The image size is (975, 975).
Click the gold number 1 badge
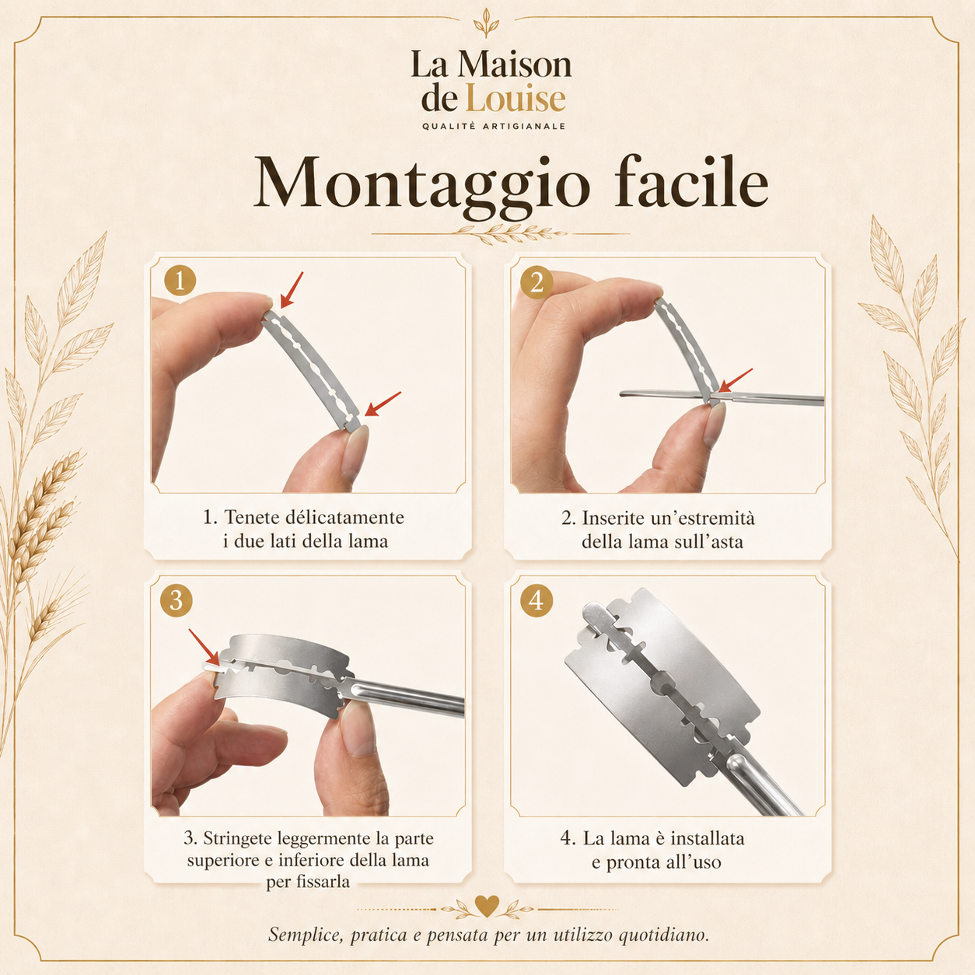click(x=180, y=281)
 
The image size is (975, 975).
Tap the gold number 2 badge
click(x=536, y=281)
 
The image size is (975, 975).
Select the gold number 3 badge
click(x=176, y=600)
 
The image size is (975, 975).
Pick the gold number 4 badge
click(x=536, y=600)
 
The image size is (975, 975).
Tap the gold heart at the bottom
click(x=487, y=905)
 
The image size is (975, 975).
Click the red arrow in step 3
click(x=204, y=647)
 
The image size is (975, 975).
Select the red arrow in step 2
click(x=736, y=380)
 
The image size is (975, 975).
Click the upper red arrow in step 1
click(x=292, y=290)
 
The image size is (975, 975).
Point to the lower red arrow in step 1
click(x=383, y=404)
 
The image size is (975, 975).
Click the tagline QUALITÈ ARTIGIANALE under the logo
click(x=494, y=127)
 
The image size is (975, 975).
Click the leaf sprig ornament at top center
click(x=487, y=23)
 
